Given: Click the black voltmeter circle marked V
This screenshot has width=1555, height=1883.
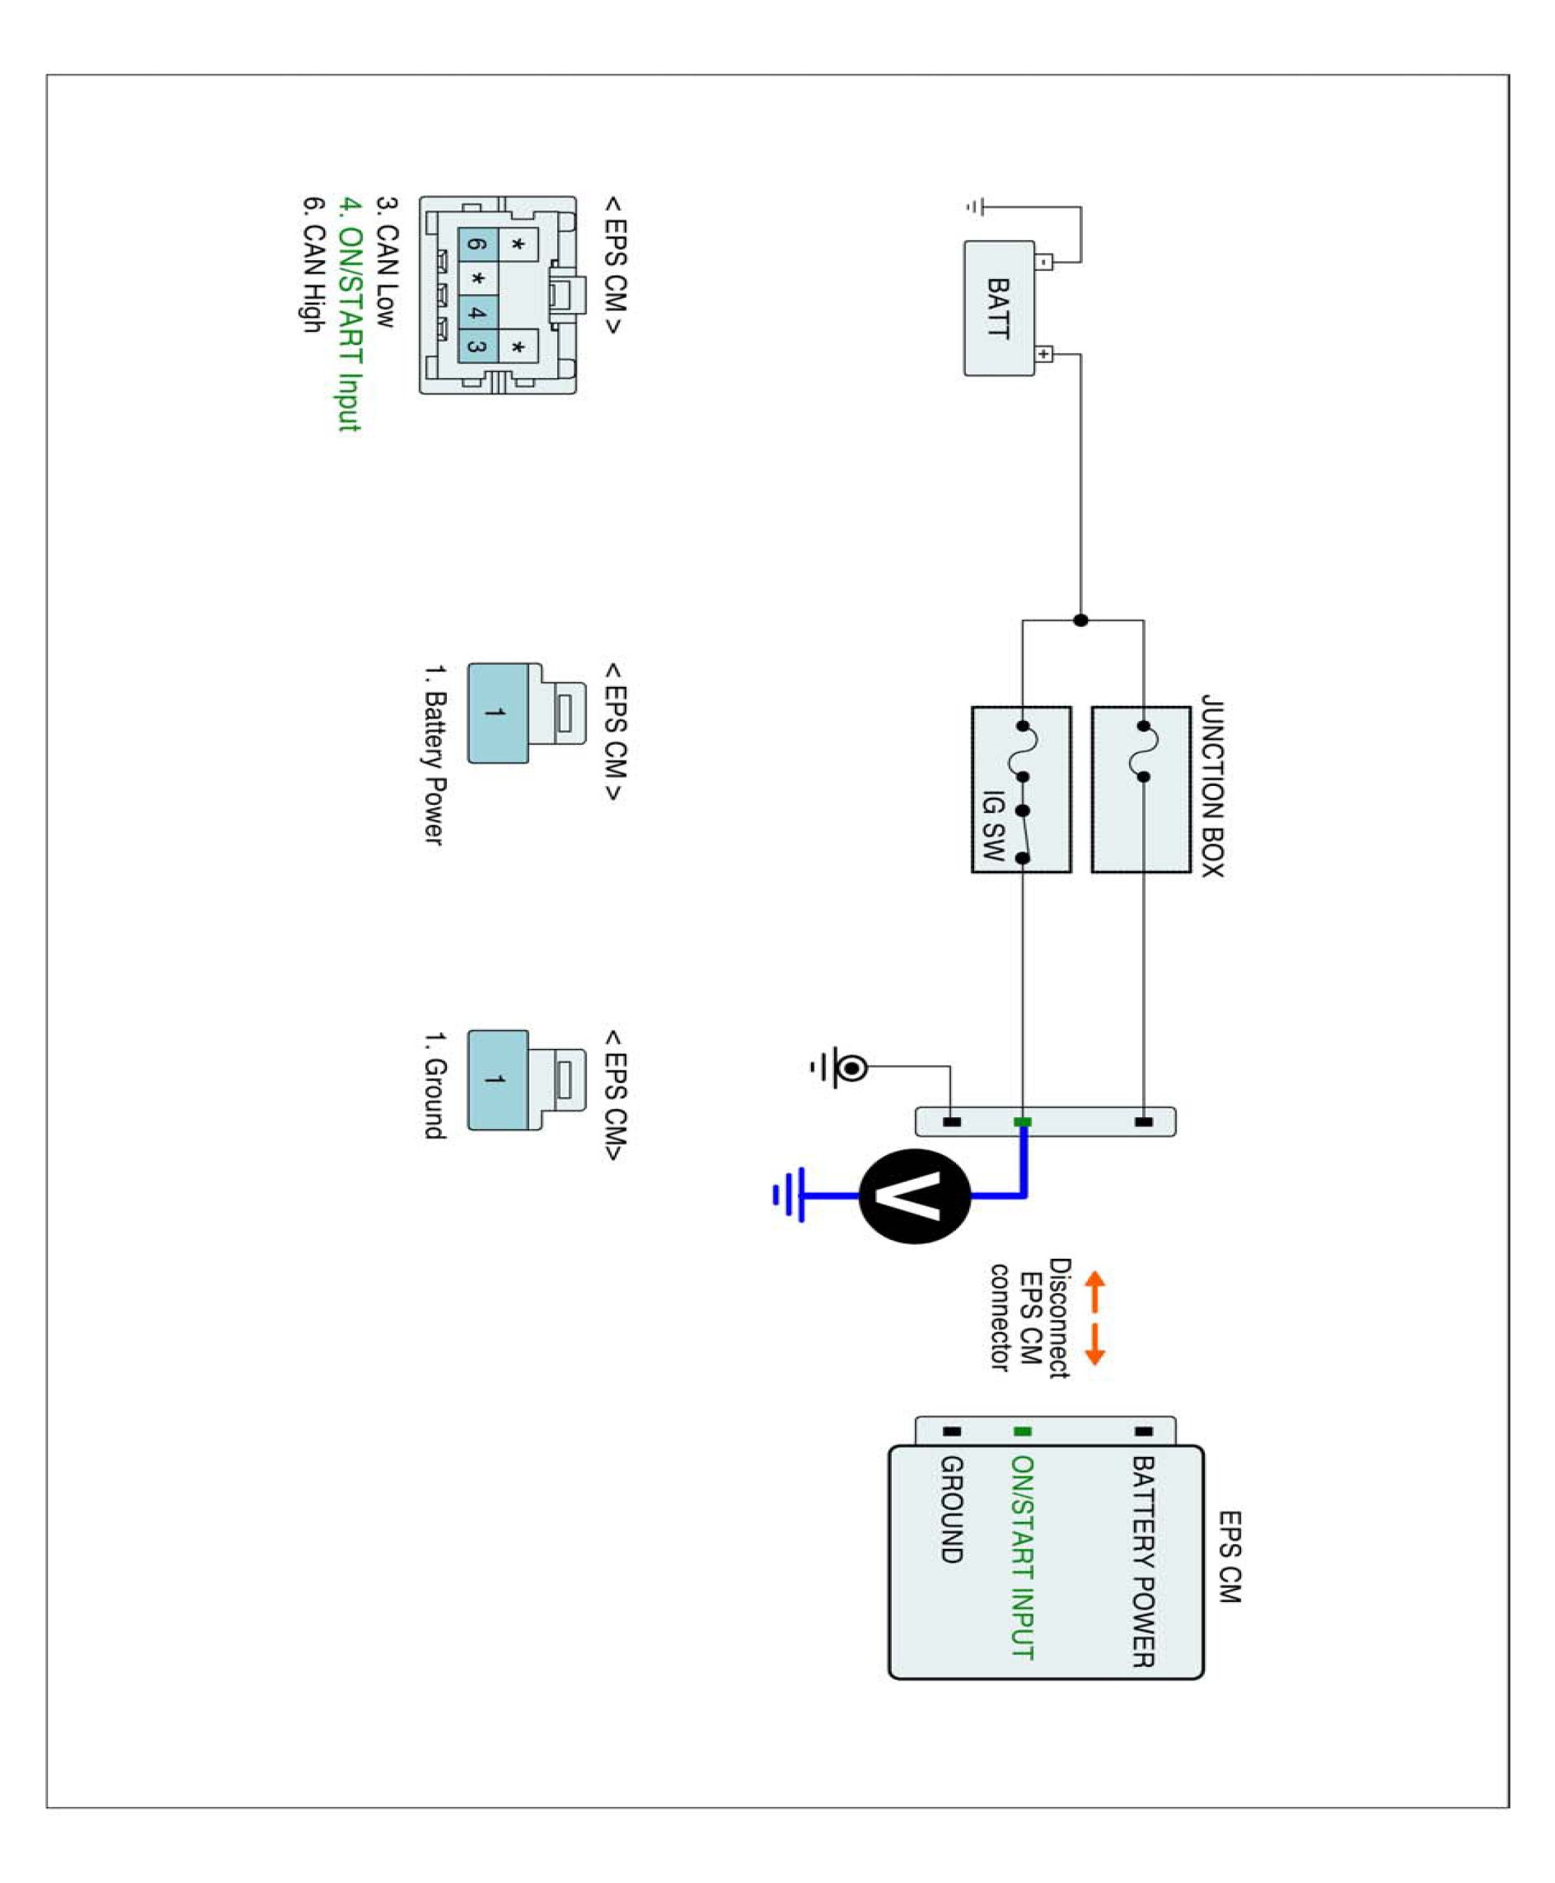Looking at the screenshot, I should (x=913, y=1195).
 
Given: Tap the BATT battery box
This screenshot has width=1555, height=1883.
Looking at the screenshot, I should (x=998, y=308).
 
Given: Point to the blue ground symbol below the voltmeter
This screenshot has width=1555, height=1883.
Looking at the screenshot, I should (x=790, y=1194).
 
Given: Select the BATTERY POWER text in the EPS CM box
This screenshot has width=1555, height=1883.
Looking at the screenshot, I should (x=1142, y=1561).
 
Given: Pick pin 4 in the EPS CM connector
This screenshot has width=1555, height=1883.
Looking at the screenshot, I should (x=478, y=312).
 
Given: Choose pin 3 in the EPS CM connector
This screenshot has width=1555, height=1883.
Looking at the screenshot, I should (x=478, y=347).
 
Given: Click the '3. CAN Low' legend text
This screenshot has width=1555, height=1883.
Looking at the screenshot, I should (x=386, y=262).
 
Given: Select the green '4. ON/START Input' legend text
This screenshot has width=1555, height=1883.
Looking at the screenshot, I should (x=349, y=314).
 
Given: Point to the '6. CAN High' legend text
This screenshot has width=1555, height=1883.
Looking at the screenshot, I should (x=312, y=265).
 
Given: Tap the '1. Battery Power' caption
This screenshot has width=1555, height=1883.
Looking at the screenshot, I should (x=434, y=755).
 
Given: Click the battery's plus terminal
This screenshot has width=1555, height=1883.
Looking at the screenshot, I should (x=1044, y=355).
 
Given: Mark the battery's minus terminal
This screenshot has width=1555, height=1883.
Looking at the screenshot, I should (x=1044, y=262).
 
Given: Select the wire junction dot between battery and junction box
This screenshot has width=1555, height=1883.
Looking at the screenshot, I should (x=1080, y=620).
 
